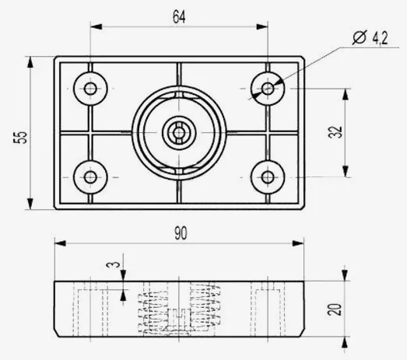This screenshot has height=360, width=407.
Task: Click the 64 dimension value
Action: click(179, 16)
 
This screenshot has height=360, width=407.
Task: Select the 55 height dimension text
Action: click(20, 137)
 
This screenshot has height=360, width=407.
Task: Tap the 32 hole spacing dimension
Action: click(335, 132)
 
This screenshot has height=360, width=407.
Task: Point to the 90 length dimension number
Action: click(181, 233)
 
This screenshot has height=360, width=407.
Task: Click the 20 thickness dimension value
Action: click(335, 309)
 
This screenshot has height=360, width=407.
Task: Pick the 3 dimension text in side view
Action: click(113, 265)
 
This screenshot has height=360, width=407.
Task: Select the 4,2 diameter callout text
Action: click(380, 38)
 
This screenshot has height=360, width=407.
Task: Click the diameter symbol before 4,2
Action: click(360, 37)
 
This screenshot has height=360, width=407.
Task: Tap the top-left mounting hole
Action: click(90, 89)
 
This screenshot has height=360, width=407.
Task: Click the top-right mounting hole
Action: click(268, 89)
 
